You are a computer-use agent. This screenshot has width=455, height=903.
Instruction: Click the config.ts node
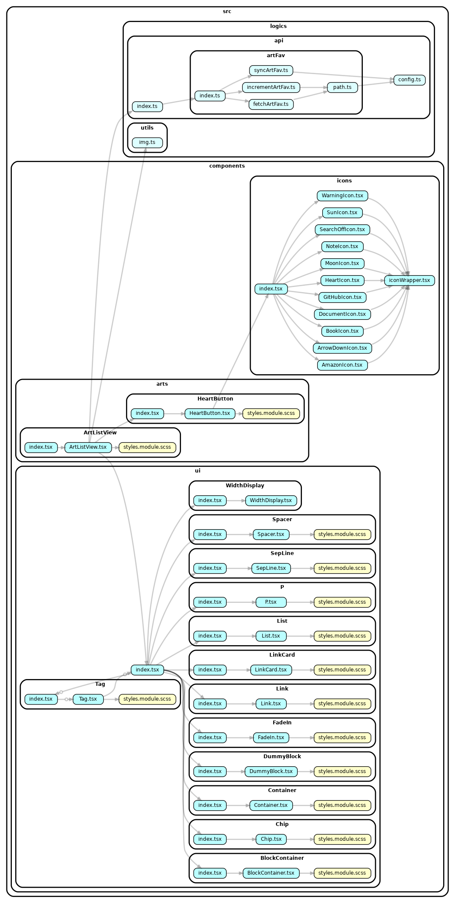[x=409, y=80]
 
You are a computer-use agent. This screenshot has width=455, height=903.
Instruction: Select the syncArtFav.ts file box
[x=271, y=70]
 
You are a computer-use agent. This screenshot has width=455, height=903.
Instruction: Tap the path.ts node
[x=342, y=87]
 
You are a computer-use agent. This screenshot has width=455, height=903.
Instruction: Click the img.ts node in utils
[x=147, y=142]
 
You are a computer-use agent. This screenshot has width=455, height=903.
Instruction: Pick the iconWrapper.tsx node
[x=409, y=280]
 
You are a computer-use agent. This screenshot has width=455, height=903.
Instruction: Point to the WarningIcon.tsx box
[x=342, y=196]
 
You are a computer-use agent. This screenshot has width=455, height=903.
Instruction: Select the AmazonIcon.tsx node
[x=342, y=365]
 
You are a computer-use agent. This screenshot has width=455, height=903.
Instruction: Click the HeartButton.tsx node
[x=209, y=413]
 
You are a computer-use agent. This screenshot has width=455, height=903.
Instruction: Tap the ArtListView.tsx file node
[x=88, y=447]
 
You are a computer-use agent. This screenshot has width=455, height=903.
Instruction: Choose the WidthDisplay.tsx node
[x=271, y=500]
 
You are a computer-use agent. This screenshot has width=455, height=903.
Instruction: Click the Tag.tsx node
[x=88, y=699]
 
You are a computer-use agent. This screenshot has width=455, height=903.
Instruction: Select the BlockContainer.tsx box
[x=271, y=873]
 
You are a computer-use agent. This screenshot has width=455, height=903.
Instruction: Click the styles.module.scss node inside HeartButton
[x=271, y=413]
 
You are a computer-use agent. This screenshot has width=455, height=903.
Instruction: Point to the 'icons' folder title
[x=344, y=181]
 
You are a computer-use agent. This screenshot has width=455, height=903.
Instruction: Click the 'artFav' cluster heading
[x=276, y=55]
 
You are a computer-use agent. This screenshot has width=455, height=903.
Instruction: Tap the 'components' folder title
[x=227, y=166]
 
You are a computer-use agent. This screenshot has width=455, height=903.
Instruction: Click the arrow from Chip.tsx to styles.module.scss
[x=300, y=839]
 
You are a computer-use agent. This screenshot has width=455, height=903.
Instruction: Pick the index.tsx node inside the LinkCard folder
[x=209, y=670]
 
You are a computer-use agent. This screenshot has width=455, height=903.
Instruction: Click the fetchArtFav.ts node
[x=271, y=104]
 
